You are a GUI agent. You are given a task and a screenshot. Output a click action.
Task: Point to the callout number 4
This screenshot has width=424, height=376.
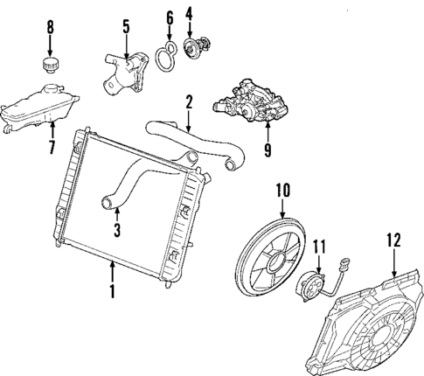pos(189,15)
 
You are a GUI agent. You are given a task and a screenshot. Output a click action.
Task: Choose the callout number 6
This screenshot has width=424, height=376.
pos(169,17)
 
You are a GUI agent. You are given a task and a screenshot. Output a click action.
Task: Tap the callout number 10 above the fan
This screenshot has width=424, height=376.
pos(282,189)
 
